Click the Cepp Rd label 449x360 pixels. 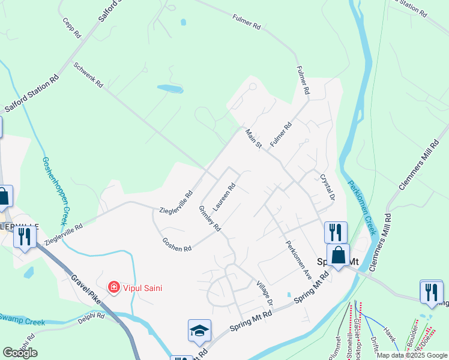(71, 28)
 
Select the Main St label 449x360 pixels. (254, 139)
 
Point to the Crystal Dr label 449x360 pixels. (327, 187)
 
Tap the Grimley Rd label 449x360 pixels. (209, 218)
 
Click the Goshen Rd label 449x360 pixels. (176, 244)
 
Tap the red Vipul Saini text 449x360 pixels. (142, 288)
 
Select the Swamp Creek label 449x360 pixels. (22, 320)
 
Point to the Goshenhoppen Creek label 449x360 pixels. (53, 190)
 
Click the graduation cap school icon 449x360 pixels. (199, 331)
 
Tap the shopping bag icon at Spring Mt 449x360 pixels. (338, 255)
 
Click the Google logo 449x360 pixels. (20, 352)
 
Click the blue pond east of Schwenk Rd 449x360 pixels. (170, 89)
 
